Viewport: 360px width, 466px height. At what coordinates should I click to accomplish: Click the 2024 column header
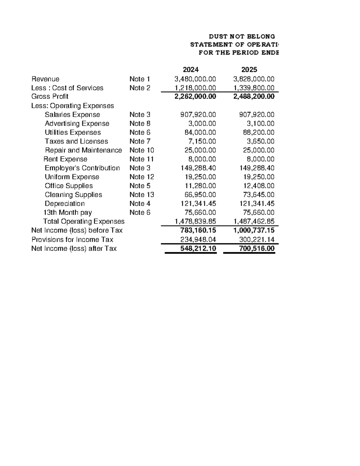tap(191, 70)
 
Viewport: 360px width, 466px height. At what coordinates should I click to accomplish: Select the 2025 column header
tap(249, 70)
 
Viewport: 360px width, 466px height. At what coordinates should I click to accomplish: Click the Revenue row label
tap(45, 79)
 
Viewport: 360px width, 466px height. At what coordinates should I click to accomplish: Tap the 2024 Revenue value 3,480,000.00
tap(195, 79)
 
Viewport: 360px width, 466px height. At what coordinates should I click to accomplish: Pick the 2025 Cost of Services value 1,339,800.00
tap(254, 88)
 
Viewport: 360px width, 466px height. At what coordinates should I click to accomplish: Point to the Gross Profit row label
tap(50, 96)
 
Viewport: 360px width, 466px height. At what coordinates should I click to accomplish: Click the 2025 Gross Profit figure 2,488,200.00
tap(254, 96)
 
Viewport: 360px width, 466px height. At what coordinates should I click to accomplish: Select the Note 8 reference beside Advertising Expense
tap(140, 123)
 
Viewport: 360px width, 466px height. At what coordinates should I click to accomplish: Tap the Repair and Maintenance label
tap(83, 150)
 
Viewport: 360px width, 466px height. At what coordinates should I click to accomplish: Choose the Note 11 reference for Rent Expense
tap(141, 159)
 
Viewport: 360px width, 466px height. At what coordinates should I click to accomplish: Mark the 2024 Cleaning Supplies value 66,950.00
tap(200, 194)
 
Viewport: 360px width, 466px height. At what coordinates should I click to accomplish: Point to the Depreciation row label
tap(64, 203)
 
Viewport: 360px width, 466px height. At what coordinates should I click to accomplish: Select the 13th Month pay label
tap(67, 212)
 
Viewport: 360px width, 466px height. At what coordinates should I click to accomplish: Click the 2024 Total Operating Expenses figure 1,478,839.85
tap(195, 221)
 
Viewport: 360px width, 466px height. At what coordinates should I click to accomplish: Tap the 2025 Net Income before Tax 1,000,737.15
tap(254, 230)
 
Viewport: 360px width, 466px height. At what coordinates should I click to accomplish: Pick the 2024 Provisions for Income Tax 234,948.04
tap(198, 239)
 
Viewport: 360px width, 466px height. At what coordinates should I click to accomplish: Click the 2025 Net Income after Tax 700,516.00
tap(256, 248)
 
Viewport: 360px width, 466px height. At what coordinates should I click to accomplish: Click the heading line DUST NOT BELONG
tap(242, 37)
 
